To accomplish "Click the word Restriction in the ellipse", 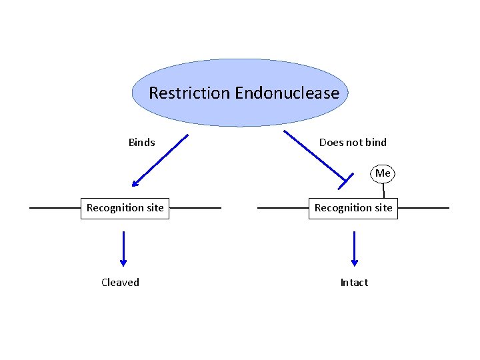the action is [x=189, y=93].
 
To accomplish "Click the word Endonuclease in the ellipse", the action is [x=287, y=93].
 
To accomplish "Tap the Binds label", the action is [x=142, y=143].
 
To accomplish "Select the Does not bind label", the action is [x=353, y=143].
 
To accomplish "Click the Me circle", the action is [x=383, y=173].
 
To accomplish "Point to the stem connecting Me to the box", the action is [x=383, y=191].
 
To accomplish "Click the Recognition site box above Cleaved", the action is [x=125, y=209].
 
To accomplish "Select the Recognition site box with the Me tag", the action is [x=353, y=209].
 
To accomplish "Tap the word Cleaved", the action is [x=120, y=282].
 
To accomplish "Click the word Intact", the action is [x=354, y=282].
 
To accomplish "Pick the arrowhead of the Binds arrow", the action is [x=135, y=183].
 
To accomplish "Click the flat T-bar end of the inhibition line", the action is [x=345, y=181].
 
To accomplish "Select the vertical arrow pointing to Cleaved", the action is [x=123, y=249].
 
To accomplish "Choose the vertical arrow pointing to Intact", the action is [x=355, y=249].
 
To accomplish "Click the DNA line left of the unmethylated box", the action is [x=55, y=208].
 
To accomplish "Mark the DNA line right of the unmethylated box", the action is [x=195, y=208].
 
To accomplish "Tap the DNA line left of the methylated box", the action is [x=283, y=208].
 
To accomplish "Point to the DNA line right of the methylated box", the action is [x=424, y=208].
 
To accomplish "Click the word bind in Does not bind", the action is [x=376, y=143].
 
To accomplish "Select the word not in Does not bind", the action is [x=355, y=143].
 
